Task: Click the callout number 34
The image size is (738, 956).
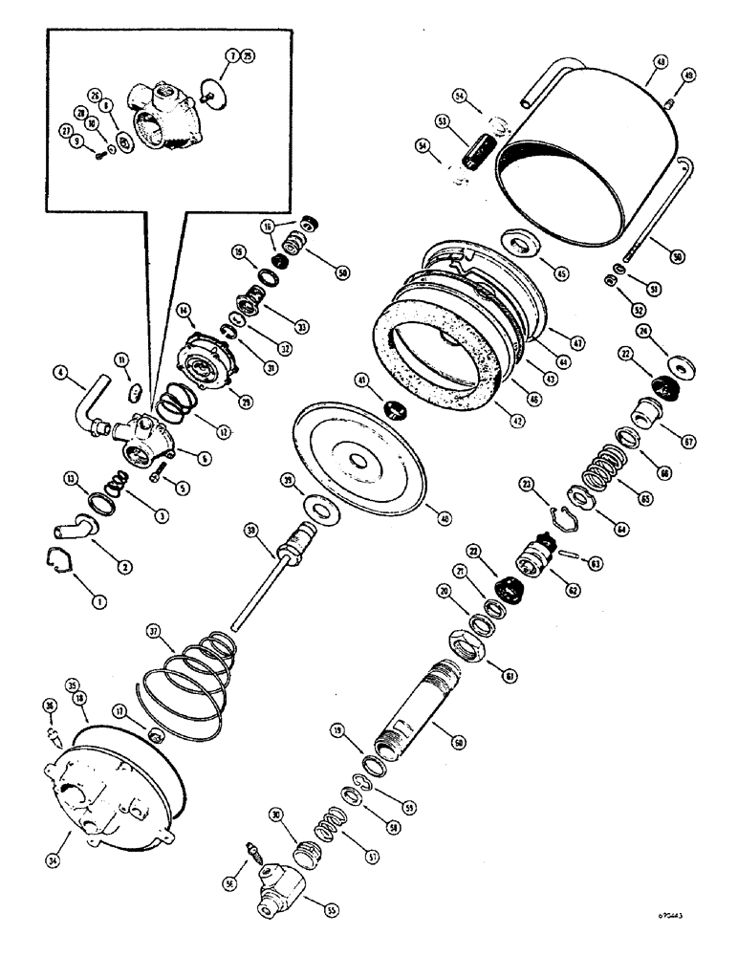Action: [65, 839]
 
